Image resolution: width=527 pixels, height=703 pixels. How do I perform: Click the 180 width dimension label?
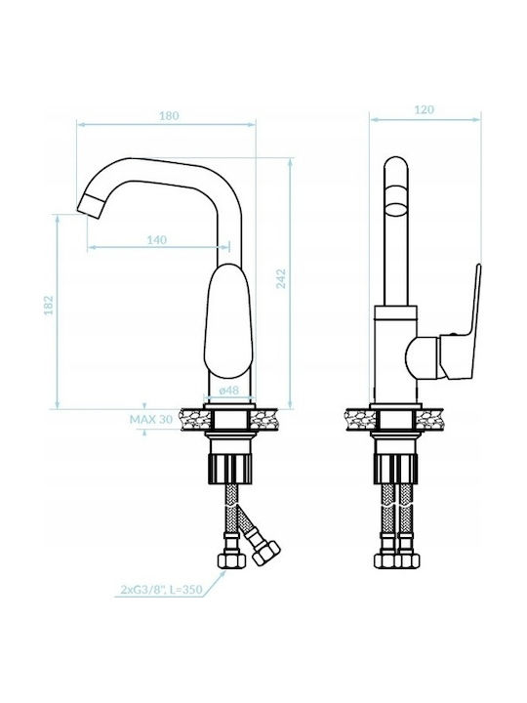[170, 115]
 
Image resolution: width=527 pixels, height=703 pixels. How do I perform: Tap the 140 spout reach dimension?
[157, 240]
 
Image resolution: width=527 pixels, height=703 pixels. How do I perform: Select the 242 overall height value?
[280, 278]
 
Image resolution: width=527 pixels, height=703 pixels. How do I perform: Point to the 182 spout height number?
[49, 305]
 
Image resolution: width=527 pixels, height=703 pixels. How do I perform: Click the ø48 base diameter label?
[228, 391]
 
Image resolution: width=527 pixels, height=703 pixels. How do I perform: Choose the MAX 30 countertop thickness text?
[151, 420]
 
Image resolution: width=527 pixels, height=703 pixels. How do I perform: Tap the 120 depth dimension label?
[424, 109]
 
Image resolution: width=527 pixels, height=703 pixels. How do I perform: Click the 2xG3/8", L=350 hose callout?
[162, 589]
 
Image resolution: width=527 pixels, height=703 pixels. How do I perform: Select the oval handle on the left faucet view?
[227, 320]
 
